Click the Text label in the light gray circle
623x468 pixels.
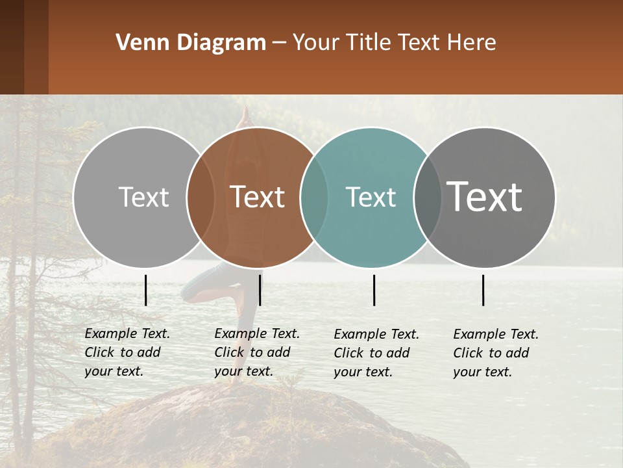143,197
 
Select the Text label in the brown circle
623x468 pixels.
258,197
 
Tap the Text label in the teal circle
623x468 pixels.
371,197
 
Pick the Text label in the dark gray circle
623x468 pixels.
485,197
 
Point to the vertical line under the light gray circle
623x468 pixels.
146,290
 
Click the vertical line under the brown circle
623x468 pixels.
260,290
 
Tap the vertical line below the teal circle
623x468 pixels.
374,290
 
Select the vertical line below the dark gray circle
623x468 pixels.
483,290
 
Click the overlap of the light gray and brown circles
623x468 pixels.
201,197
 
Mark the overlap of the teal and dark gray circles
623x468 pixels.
427,197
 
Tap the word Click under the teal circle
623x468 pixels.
349,353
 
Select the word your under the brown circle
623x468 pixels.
227,371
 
